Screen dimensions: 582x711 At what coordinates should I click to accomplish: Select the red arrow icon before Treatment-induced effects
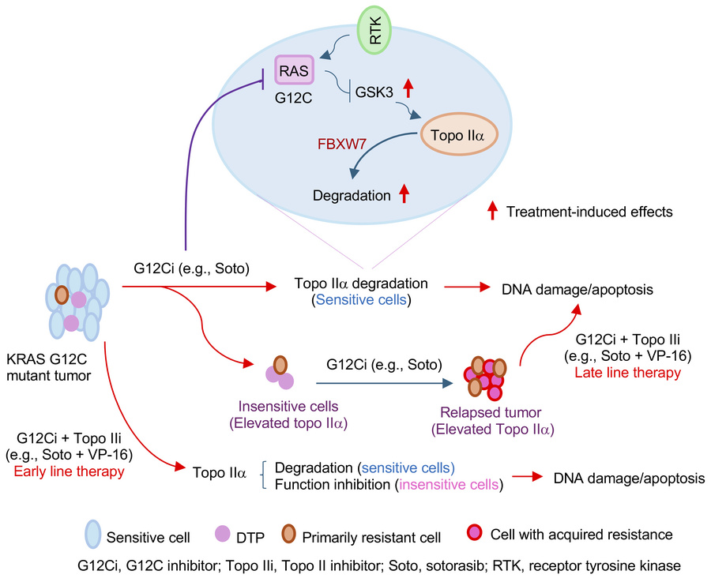tap(491, 212)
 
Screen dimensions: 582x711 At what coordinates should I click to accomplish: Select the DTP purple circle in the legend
tap(222, 536)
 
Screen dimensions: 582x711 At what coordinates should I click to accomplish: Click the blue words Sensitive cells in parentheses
tap(362, 300)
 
